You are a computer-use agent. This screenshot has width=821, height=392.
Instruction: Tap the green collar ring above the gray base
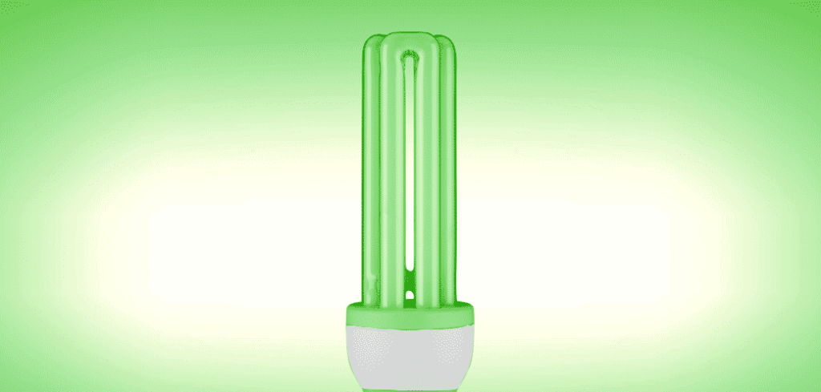pos(410,313)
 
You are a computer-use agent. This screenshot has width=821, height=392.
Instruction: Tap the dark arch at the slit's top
pos(410,59)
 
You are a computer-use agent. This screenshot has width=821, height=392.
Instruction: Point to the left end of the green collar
pos(350,313)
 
